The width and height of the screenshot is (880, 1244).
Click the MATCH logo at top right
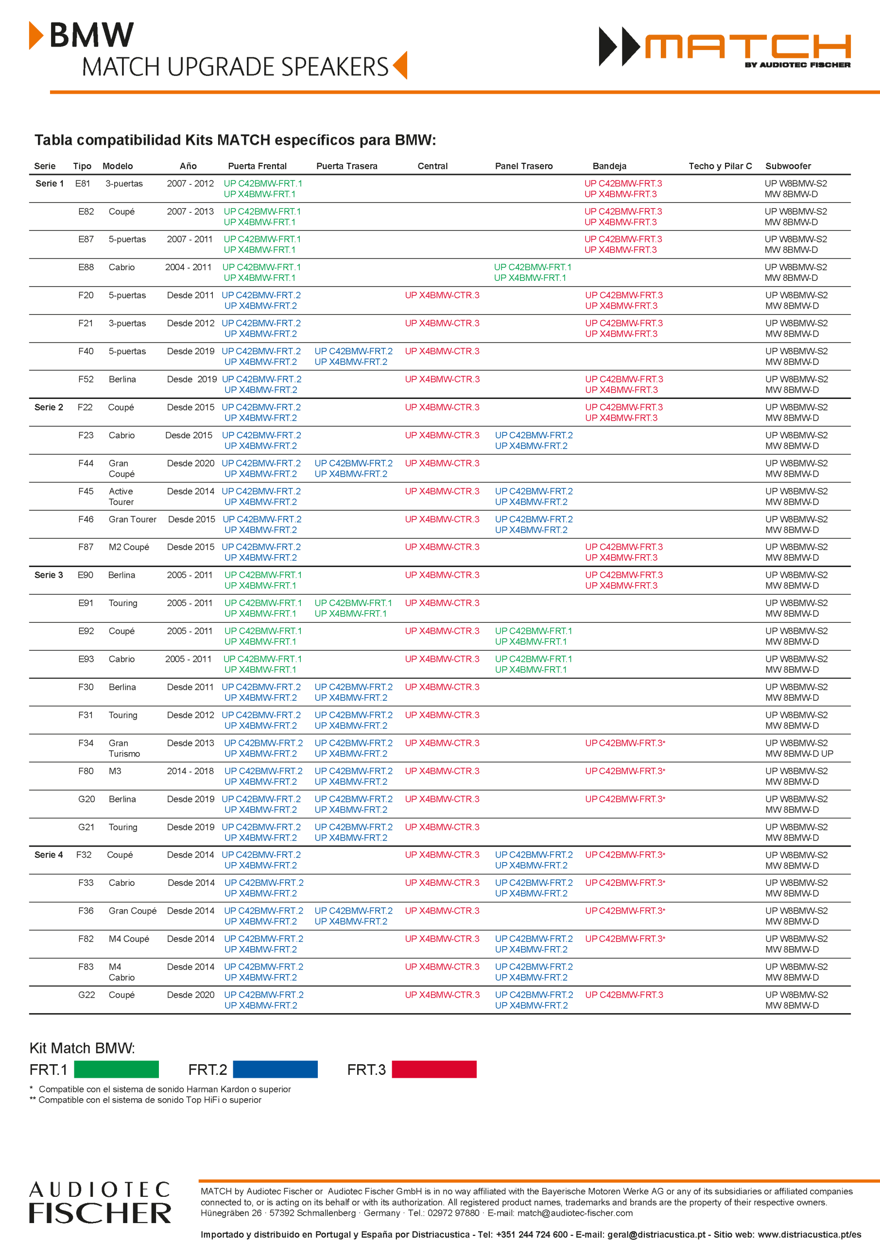(725, 47)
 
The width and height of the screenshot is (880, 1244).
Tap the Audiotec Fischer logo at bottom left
(100, 1202)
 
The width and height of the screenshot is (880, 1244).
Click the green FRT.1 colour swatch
(116, 1069)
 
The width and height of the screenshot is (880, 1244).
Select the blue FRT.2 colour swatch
(275, 1069)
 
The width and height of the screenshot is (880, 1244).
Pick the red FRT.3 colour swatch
(434, 1069)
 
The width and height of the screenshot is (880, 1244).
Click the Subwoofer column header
(788, 166)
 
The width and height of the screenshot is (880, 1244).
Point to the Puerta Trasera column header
(347, 166)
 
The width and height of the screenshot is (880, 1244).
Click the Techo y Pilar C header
(720, 166)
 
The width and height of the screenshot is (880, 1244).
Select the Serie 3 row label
(49, 575)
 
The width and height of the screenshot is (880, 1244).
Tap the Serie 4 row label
(49, 854)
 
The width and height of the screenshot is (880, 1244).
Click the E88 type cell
(86, 267)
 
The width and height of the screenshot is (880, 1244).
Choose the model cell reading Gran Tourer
(132, 519)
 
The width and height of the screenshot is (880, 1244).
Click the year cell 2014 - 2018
(190, 771)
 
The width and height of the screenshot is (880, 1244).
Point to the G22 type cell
(86, 995)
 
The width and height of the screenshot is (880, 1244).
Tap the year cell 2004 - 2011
(188, 267)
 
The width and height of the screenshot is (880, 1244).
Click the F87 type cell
(86, 547)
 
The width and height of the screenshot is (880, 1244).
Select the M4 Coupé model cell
(128, 938)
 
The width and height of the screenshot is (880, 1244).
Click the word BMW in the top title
(91, 36)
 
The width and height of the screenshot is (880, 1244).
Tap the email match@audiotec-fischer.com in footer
(575, 1212)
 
